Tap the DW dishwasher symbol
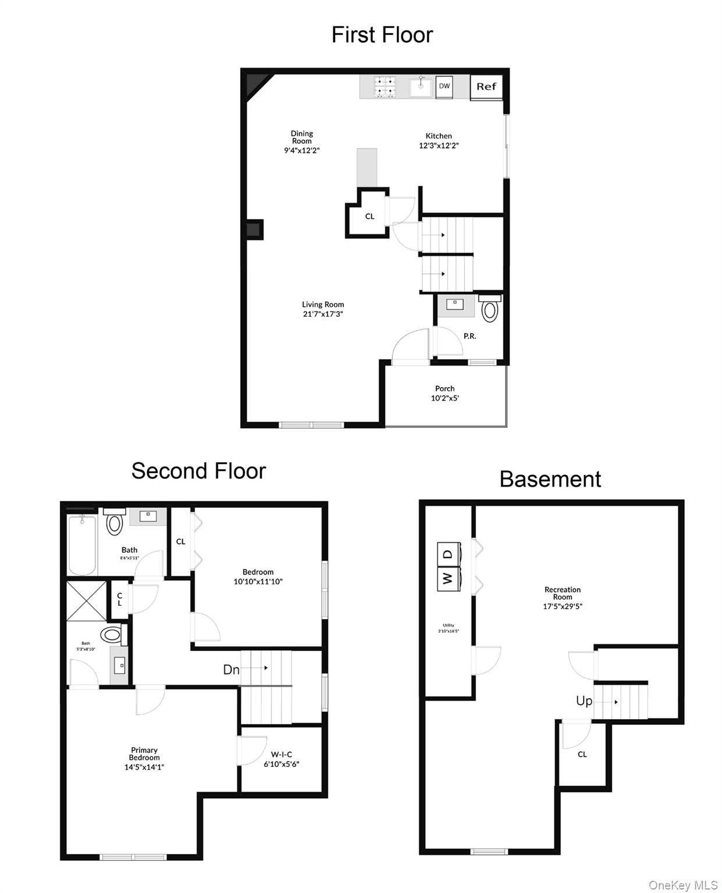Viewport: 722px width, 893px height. [x=444, y=87]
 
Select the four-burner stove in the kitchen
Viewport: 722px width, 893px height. [x=385, y=87]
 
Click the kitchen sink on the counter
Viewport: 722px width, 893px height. [x=421, y=87]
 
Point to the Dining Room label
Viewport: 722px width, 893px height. [x=302, y=137]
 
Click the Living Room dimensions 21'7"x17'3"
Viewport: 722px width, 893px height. [x=323, y=314]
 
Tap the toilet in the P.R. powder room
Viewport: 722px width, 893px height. [x=490, y=309]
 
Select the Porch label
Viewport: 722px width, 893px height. [x=444, y=388]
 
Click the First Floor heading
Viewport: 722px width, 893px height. [x=382, y=35]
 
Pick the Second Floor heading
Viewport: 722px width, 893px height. [x=198, y=471]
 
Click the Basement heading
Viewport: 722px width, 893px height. [x=550, y=479]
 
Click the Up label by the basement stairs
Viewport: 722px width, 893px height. [x=584, y=701]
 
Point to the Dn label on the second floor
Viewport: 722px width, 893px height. [x=231, y=670]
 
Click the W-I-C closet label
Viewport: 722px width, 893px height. [x=282, y=755]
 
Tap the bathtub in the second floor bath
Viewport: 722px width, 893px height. [x=82, y=545]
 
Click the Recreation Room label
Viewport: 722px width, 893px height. [x=563, y=593]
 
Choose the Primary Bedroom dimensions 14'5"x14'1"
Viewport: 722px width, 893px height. [x=144, y=767]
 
